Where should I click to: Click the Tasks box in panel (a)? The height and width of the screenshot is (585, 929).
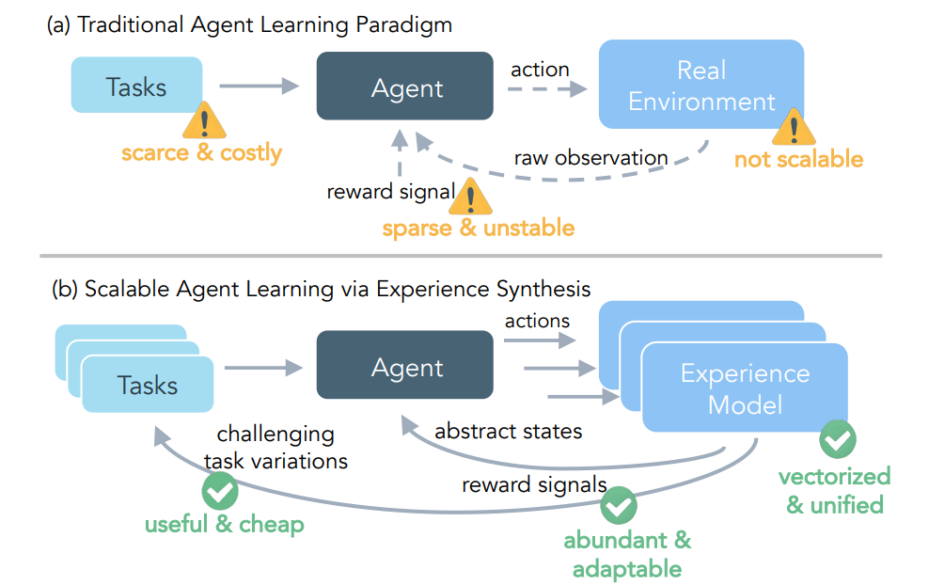click(137, 86)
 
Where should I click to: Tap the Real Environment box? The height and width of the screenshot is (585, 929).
click(701, 85)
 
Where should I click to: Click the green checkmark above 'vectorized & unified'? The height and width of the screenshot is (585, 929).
click(837, 439)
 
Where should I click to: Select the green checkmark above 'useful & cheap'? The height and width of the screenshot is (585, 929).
click(220, 490)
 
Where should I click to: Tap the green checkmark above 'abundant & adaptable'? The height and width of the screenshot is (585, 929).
click(618, 506)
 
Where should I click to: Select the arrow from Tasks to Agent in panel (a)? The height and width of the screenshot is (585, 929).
click(258, 87)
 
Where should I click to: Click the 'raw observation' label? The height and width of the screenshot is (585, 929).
click(590, 157)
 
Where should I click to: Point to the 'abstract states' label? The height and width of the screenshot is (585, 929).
click(509, 432)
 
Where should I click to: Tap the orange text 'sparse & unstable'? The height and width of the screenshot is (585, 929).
click(478, 228)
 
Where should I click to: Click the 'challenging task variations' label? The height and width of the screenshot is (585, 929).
click(275, 447)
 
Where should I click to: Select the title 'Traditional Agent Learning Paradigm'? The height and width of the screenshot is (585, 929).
click(264, 24)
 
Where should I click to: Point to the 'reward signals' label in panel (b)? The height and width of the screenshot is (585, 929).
click(534, 485)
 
